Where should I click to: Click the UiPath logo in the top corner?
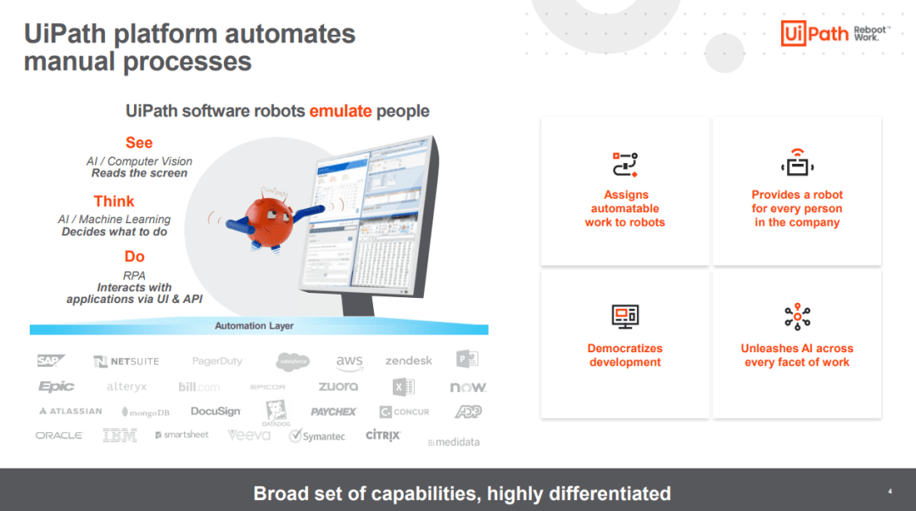tap(815, 33)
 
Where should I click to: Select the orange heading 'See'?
tap(139, 143)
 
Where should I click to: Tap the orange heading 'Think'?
tap(114, 201)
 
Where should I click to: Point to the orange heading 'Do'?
tap(135, 256)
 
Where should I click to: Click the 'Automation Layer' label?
tap(254, 326)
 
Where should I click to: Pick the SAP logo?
tap(48, 361)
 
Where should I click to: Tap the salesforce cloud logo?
tap(293, 362)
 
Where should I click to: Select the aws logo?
tap(349, 361)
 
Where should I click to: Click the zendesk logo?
tap(409, 361)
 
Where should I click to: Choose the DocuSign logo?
tap(215, 412)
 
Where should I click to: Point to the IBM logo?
tap(120, 435)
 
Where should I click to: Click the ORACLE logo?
tap(59, 435)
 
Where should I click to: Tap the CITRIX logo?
tap(383, 435)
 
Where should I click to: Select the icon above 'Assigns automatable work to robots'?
tap(625, 165)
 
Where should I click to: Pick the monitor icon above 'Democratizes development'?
tap(625, 317)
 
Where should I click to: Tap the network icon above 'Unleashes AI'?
tap(797, 317)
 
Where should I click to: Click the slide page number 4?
tap(890, 491)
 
